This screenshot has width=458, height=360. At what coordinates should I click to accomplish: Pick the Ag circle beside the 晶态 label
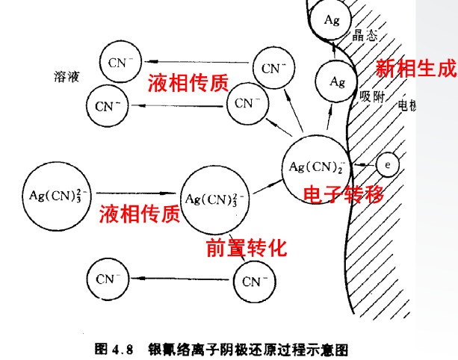(x=332, y=21)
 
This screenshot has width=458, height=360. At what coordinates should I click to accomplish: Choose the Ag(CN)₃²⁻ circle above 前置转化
(x=216, y=199)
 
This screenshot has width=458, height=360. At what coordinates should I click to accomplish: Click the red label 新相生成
(x=415, y=69)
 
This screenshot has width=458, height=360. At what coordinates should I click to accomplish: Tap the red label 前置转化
(x=246, y=248)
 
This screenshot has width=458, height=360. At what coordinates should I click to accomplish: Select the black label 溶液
(x=66, y=77)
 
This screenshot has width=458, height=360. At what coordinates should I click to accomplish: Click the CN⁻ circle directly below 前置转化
(x=255, y=282)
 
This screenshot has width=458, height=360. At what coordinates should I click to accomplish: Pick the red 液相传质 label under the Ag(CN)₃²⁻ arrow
(x=140, y=216)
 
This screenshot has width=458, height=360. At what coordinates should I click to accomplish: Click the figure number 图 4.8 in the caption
(x=113, y=348)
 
